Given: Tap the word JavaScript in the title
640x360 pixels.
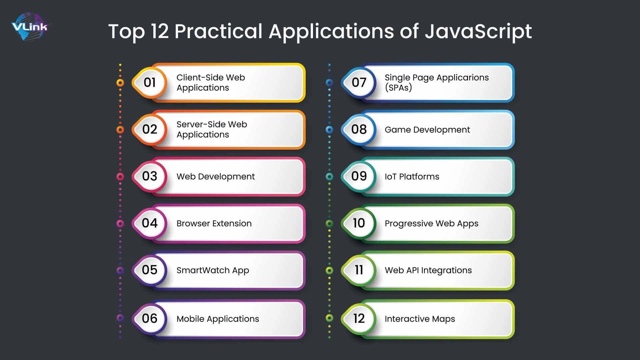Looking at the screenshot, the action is [478, 32].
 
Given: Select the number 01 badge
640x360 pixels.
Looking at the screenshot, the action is [150, 83].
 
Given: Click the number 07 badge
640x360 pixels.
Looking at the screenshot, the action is [359, 83].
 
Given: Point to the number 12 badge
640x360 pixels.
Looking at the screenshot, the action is [359, 318].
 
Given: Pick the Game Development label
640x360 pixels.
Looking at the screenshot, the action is [427, 130].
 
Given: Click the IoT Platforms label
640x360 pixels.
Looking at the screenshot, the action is [412, 176].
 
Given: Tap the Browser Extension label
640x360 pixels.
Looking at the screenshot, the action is [214, 223].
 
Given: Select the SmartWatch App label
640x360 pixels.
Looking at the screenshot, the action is [213, 270].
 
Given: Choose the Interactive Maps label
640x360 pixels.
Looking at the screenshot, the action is [420, 319].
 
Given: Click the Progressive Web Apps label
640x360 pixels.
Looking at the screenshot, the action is [431, 224].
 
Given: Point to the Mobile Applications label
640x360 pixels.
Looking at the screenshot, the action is [218, 319].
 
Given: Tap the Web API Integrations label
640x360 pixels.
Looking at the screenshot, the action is [428, 270].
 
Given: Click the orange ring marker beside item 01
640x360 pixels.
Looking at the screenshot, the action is [120, 83].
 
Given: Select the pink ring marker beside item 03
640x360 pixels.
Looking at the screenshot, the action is [120, 176].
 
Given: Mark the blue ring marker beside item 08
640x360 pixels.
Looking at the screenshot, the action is [329, 129].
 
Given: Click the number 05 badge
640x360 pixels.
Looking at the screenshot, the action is [150, 270].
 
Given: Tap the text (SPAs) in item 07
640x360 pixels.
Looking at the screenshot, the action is [398, 88].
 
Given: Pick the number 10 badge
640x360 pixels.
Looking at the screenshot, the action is [359, 223].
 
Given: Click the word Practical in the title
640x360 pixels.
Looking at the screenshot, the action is [218, 32].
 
